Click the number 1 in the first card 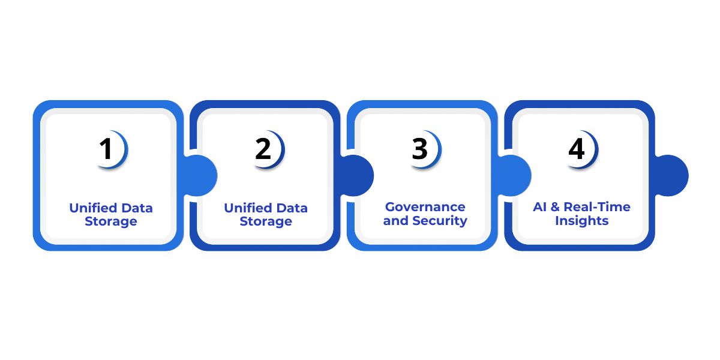106,149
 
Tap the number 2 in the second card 263,149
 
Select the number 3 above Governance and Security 420,149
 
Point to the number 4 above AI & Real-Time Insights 577,149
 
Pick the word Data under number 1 137,208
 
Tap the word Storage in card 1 111,221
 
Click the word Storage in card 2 266,221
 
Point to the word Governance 425,207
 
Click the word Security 439,221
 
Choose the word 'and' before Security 395,221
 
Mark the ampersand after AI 556,207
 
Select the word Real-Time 598,207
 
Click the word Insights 582,221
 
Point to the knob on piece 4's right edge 671,176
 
